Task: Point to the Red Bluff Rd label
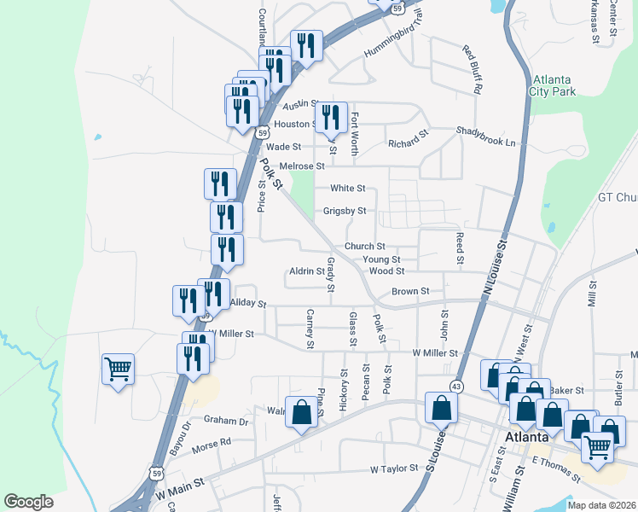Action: [473, 69]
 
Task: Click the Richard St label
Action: [408, 138]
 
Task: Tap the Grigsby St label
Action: [345, 211]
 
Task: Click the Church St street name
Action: [365, 247]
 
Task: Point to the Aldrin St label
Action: [307, 271]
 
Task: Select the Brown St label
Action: [410, 292]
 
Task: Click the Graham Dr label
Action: [226, 420]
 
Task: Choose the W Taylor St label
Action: [394, 469]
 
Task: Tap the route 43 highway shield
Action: [457, 387]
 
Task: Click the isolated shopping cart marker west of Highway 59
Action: [118, 370]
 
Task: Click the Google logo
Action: [29, 502]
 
